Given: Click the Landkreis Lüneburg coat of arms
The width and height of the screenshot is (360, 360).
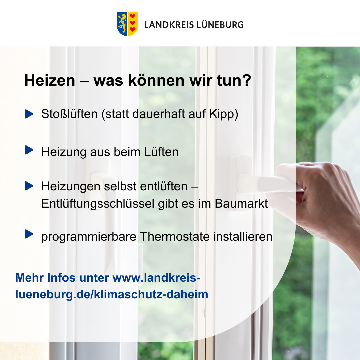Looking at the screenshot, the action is pyautogui.click(x=127, y=24).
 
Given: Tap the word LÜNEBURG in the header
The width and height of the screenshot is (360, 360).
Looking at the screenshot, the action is pyautogui.click(x=220, y=24).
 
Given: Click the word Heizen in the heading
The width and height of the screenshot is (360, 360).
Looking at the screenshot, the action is pyautogui.click(x=50, y=80).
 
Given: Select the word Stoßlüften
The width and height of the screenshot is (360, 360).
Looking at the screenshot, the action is pyautogui.click(x=69, y=114).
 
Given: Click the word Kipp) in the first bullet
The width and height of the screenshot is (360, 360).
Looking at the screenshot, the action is pyautogui.click(x=224, y=114).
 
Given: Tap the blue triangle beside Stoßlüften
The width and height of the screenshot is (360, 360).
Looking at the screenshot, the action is pyautogui.click(x=29, y=114).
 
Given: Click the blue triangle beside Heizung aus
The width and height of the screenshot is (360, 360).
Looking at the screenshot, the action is pyautogui.click(x=29, y=150).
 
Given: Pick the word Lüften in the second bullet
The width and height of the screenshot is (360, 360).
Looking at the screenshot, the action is pyautogui.click(x=161, y=152).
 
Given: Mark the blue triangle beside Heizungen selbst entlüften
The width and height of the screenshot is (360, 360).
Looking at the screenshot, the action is pyautogui.click(x=29, y=186).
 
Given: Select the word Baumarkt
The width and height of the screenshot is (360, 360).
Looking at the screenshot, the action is pyautogui.click(x=241, y=203).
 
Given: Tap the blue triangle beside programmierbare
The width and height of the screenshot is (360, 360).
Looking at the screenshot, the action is pyautogui.click(x=29, y=234).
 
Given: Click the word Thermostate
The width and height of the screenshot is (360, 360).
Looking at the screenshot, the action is pyautogui.click(x=175, y=236).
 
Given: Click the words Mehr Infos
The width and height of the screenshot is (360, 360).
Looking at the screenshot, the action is pyautogui.click(x=45, y=278).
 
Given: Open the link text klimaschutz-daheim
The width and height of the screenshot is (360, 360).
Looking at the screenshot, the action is pyautogui.click(x=151, y=294).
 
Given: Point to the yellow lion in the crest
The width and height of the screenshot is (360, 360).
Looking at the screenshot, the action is pyautogui.click(x=122, y=23).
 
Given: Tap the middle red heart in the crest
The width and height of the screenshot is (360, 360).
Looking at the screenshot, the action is pyautogui.click(x=132, y=23).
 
